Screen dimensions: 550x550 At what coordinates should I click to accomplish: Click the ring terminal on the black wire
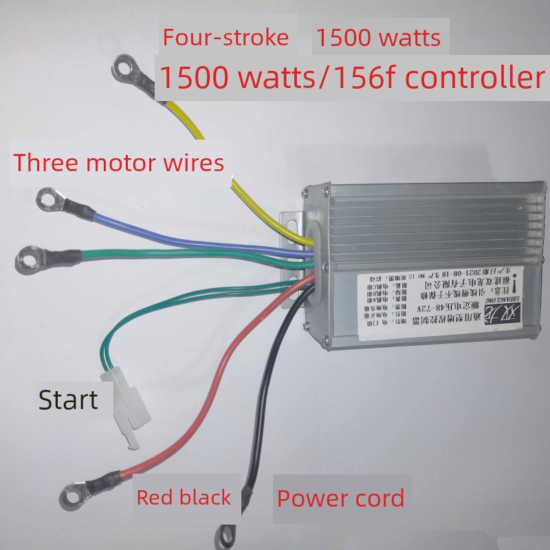[225, 536]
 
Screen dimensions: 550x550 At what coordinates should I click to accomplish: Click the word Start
[67, 399]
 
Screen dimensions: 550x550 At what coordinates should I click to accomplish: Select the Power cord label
[340, 497]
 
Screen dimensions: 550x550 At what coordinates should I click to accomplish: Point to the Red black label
[184, 497]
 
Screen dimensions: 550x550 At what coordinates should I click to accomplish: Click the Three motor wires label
[119, 163]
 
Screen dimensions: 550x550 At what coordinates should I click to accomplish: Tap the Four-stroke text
[225, 37]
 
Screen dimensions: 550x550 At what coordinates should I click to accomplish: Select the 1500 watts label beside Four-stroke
[377, 37]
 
